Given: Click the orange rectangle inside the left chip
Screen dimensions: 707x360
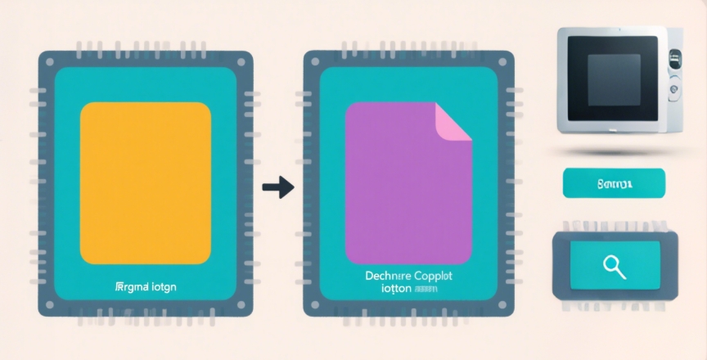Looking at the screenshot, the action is click(145, 182).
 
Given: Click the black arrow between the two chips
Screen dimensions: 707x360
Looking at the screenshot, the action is click(277, 187).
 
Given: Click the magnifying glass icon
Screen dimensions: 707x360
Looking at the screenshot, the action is click(613, 264).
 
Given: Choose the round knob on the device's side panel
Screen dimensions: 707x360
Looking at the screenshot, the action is click(674, 87).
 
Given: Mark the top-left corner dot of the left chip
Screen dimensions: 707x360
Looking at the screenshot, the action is click(49, 61).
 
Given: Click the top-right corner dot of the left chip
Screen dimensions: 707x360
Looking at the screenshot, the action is click(241, 61).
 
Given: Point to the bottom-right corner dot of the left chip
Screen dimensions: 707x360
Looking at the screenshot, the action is click(241, 305).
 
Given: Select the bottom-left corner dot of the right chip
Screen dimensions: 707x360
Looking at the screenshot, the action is click(313, 305).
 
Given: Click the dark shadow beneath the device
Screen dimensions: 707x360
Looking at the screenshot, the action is click(615, 152).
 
